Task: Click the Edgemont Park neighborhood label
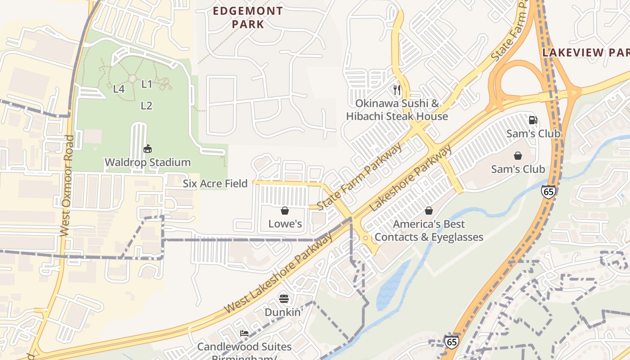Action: coord(248,18)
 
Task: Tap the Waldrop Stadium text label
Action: coord(148,162)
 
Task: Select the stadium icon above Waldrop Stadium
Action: coord(147,148)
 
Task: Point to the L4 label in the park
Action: coord(119,89)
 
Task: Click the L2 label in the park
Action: coord(146,106)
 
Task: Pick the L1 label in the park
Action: coord(147,84)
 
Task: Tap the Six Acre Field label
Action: coord(215,184)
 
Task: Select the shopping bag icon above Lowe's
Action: coord(285,211)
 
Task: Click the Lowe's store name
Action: coord(285,224)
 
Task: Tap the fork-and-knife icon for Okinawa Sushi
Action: coord(397,90)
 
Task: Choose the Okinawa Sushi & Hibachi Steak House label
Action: coord(397,110)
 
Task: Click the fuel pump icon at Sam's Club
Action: coord(533,120)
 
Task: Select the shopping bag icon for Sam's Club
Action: coord(518,156)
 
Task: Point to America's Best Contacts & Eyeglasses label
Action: coord(429,230)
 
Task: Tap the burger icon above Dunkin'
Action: coord(283,298)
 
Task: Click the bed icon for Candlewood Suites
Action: coord(244,333)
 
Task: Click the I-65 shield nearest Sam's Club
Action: coord(548,191)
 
